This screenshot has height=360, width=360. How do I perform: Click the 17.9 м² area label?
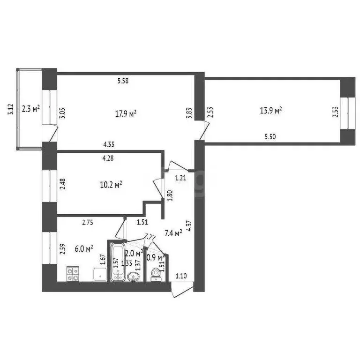(x=126, y=113)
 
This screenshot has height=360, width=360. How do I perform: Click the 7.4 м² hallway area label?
(x=172, y=233)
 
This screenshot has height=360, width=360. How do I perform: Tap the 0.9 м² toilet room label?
(x=155, y=257)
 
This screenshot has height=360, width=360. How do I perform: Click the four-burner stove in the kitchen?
(x=73, y=274)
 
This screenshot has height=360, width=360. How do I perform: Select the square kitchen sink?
(x=100, y=274)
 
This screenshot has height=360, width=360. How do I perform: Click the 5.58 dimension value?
(x=123, y=81)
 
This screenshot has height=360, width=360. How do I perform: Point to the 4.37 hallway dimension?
(x=189, y=228)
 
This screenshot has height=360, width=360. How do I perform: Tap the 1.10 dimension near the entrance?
(x=181, y=276)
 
